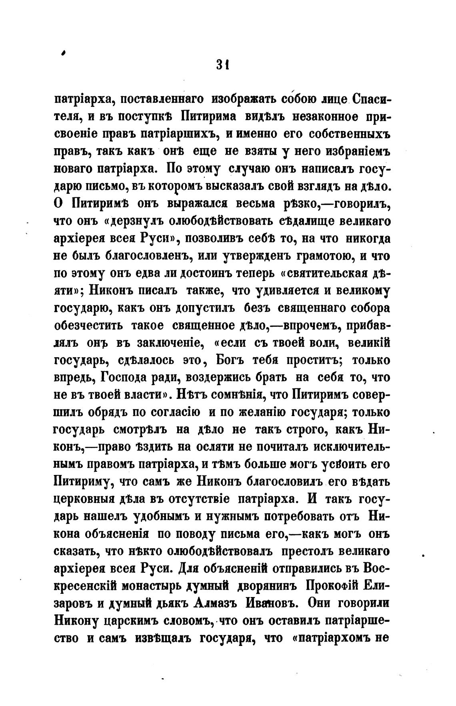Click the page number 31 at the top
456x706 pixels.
221,64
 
